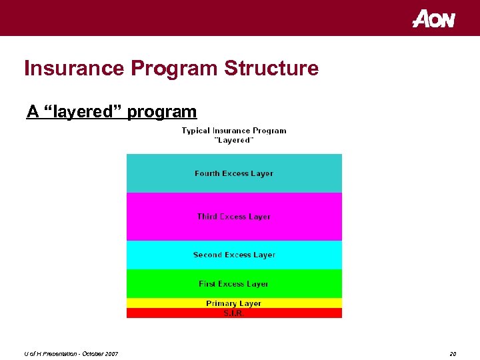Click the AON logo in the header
coord(433,19)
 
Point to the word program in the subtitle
coord(162,112)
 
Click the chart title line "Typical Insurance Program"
coord(234,131)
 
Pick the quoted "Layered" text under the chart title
coord(234,140)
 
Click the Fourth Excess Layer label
coord(234,173)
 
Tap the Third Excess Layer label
coord(234,217)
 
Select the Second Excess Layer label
coord(234,255)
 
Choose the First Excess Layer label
coord(234,284)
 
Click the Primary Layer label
coord(234,303)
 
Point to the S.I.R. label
coord(234,313)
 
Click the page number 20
coord(453,353)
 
